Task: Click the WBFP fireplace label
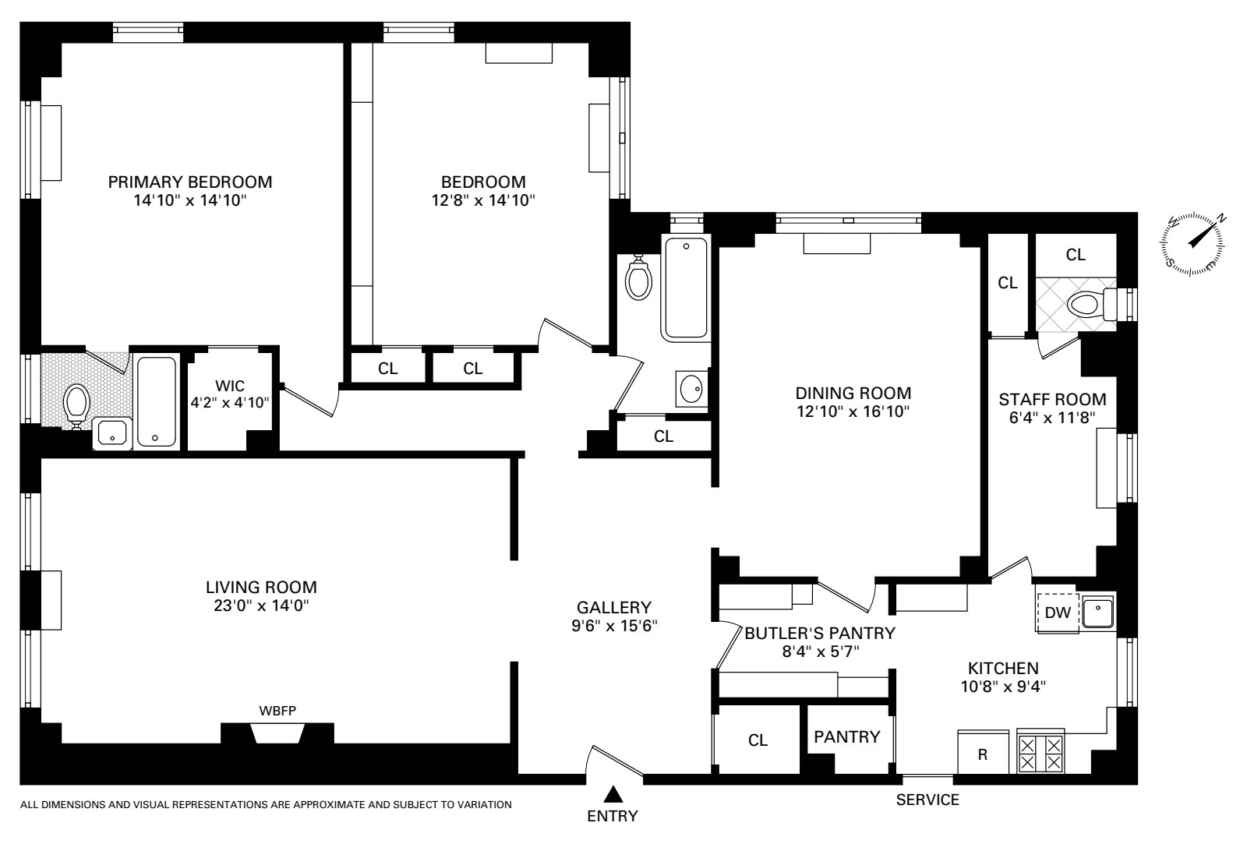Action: pyautogui.click(x=277, y=711)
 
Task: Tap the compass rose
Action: pyautogui.click(x=1193, y=244)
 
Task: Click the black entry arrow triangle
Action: pyautogui.click(x=613, y=794)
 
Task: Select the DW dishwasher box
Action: pyautogui.click(x=1057, y=613)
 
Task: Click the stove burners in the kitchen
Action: pyautogui.click(x=1040, y=754)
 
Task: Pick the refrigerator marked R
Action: pyautogui.click(x=983, y=753)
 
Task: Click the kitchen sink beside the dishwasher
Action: pyautogui.click(x=1097, y=613)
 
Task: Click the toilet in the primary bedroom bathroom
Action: pyautogui.click(x=77, y=406)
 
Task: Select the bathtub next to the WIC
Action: pyautogui.click(x=157, y=401)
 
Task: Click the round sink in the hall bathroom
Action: pyautogui.click(x=691, y=389)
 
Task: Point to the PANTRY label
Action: pyautogui.click(x=846, y=737)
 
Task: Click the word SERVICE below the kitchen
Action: pyautogui.click(x=927, y=800)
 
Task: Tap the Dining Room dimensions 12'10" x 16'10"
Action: pyautogui.click(x=853, y=411)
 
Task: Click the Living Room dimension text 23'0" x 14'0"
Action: pyautogui.click(x=261, y=606)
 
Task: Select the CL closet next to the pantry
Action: pyautogui.click(x=758, y=740)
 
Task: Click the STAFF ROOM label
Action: pyautogui.click(x=1052, y=399)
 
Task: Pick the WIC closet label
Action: pyautogui.click(x=230, y=386)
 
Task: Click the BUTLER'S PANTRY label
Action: pyautogui.click(x=820, y=633)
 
